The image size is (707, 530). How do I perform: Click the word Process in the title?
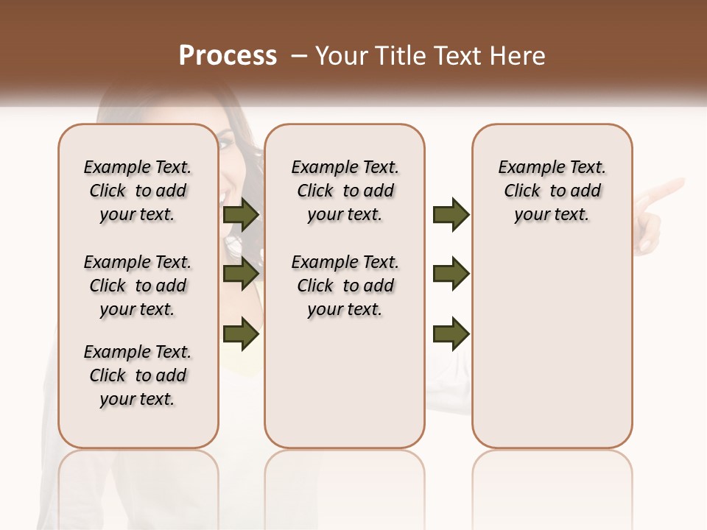pos(228,56)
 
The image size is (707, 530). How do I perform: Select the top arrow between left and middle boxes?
pos(241,215)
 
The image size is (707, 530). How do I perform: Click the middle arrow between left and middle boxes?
pos(241,274)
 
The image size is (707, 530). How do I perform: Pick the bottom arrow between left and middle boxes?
pos(241,333)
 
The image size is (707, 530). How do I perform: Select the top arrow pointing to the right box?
pos(451,215)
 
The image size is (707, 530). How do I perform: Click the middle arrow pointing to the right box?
pos(451,274)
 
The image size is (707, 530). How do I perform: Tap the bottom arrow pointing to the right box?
pos(451,333)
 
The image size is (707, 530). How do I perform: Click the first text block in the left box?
pos(138,191)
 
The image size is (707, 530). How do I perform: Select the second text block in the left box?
pos(138,286)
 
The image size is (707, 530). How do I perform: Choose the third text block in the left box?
pos(138,375)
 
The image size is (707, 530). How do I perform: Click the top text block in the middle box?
pos(345,191)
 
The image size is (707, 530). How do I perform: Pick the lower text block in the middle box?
pos(345,286)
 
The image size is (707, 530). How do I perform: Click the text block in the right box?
pos(552,191)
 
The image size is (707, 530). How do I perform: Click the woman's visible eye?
pos(225,143)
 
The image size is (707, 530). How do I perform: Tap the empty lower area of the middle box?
pos(345,383)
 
